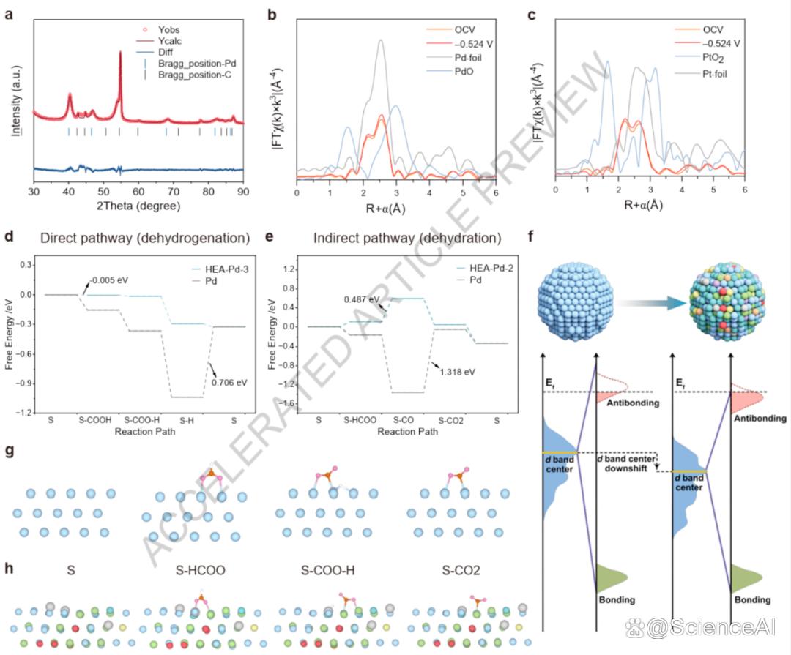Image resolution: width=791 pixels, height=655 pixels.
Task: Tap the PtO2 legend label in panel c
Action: (x=713, y=59)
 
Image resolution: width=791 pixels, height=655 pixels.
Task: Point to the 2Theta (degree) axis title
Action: (x=138, y=206)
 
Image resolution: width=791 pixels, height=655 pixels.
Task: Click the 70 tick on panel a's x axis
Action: (x=173, y=192)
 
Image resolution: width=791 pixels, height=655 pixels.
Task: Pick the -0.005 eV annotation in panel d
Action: (x=109, y=280)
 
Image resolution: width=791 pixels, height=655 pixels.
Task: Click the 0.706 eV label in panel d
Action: (x=229, y=383)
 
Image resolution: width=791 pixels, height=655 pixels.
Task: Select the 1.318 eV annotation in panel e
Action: (x=457, y=372)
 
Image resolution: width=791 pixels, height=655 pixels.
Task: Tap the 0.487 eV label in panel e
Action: (x=362, y=299)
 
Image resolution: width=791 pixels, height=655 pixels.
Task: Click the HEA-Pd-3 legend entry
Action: (x=226, y=269)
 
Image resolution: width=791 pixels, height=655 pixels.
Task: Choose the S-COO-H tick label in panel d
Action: (x=142, y=420)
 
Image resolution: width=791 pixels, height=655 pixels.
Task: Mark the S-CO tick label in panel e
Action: (x=403, y=420)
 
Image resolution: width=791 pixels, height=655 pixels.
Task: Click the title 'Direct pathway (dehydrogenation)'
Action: (x=145, y=238)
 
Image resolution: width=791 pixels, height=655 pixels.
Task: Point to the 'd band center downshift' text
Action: (x=625, y=464)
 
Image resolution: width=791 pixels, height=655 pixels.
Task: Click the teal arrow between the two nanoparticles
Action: (x=654, y=303)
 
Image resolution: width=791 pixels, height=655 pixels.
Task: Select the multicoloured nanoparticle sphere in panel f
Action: (x=727, y=301)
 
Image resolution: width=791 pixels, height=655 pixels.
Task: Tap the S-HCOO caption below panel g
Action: (x=200, y=570)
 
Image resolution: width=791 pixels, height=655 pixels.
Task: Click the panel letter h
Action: (x=9, y=568)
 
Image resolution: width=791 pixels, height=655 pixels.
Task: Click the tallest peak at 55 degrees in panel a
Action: (x=120, y=52)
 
